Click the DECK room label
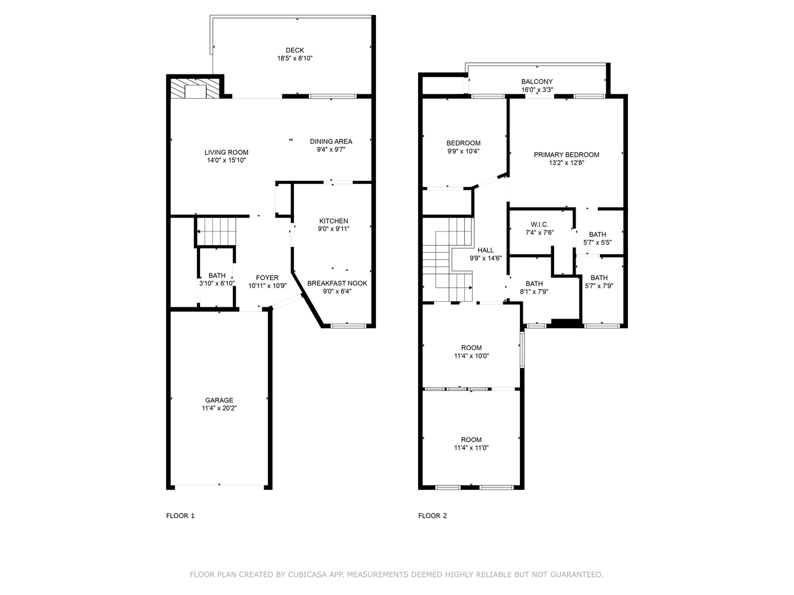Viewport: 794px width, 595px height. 294,50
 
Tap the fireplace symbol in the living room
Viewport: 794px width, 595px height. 195,89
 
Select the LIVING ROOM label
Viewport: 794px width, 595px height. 226,153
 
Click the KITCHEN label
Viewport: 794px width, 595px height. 334,221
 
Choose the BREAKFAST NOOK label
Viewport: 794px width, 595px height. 337,283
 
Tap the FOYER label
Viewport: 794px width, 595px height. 267,278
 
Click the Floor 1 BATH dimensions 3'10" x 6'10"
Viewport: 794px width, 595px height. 217,284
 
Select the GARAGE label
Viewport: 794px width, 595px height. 219,401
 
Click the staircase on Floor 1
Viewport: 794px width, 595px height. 216,231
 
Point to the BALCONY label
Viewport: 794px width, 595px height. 537,82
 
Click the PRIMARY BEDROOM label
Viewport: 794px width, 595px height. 566,155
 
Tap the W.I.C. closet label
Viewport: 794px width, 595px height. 539,224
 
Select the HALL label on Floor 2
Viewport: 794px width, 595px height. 485,250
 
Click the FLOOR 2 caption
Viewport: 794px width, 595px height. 432,516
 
